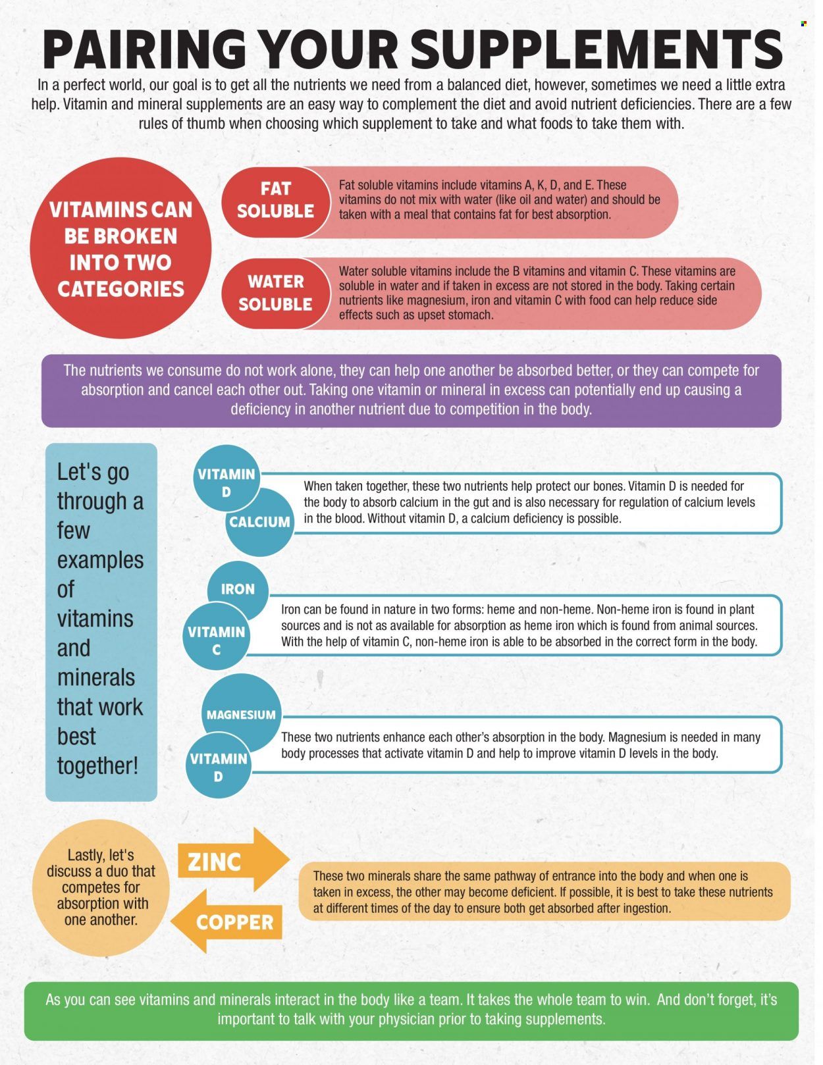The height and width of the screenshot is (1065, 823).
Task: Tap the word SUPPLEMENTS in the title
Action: [597, 49]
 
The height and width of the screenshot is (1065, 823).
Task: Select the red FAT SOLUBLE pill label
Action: [275, 201]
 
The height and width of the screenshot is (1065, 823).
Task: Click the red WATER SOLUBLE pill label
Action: [275, 293]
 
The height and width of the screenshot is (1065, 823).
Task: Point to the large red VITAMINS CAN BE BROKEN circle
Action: [120, 248]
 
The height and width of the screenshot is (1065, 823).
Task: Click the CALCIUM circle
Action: [260, 522]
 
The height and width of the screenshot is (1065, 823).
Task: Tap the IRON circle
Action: [238, 590]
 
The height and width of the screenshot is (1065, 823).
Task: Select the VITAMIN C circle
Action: [216, 636]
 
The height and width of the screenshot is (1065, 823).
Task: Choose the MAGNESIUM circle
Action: [241, 715]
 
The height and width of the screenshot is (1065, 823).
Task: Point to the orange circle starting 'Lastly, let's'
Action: [101, 888]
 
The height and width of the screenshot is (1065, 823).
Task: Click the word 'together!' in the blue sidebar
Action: [97, 766]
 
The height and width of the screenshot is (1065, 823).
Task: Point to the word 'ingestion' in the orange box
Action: [647, 908]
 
